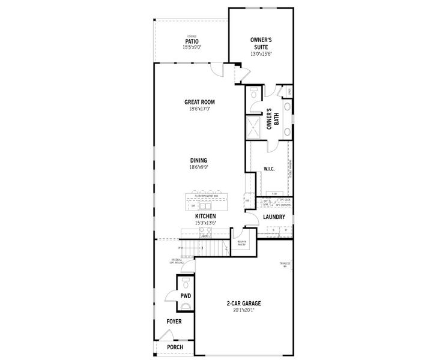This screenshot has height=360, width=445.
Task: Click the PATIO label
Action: (192, 41)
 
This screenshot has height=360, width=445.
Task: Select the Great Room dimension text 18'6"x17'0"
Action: (199, 109)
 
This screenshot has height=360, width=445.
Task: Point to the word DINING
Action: (199, 160)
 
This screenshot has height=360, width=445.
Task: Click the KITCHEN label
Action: (205, 216)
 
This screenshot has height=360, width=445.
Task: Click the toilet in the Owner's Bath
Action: (253, 93)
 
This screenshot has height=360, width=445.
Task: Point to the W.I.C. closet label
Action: (268, 169)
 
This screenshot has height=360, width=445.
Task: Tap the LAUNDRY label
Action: (273, 217)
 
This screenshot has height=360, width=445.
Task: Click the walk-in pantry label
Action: (243, 243)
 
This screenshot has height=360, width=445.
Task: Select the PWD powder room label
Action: (186, 296)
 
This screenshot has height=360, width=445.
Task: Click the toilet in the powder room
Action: (185, 282)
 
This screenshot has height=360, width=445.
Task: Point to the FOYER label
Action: (174, 322)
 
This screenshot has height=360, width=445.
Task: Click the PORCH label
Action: (175, 347)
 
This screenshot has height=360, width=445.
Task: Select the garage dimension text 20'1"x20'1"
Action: (243, 311)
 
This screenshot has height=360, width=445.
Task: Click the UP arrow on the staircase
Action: (180, 248)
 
